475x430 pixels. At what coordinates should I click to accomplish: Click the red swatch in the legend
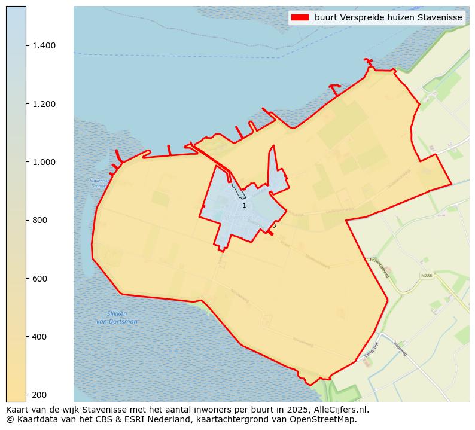pyautogui.click(x=300, y=18)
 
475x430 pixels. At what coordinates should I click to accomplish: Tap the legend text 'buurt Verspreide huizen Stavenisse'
pyautogui.click(x=388, y=18)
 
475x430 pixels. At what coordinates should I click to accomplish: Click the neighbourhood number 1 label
pyautogui.click(x=244, y=206)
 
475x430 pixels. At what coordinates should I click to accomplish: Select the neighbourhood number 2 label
pyautogui.click(x=275, y=226)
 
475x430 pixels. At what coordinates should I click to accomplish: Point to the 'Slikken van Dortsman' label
pyautogui.click(x=117, y=318)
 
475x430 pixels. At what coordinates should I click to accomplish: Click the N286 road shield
pyautogui.click(x=426, y=276)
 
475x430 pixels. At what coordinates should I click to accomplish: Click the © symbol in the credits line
pyautogui.click(x=10, y=419)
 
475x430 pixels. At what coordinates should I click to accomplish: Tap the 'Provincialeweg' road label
pyautogui.click(x=379, y=267)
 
